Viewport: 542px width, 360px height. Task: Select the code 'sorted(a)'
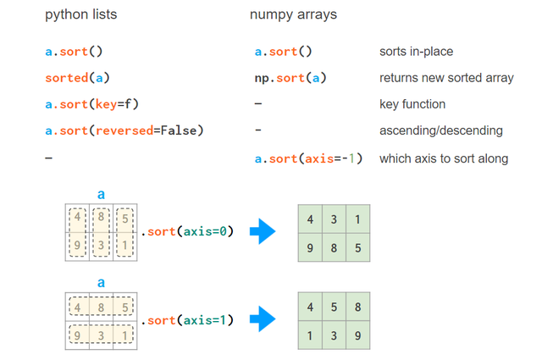tap(77, 78)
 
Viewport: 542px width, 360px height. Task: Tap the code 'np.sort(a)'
tap(290, 78)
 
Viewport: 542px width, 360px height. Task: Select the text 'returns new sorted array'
tap(446, 78)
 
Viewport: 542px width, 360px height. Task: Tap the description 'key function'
tap(412, 104)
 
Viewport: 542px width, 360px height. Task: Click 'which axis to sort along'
tap(444, 158)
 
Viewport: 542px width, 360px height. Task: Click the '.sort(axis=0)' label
tap(186, 230)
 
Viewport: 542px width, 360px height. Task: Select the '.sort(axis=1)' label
tap(186, 320)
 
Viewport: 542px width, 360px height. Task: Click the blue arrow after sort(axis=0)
tap(264, 231)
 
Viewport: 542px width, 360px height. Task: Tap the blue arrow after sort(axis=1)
tap(264, 320)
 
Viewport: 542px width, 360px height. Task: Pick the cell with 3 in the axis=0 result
tap(334, 218)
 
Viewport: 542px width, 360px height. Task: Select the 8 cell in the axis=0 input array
tap(101, 218)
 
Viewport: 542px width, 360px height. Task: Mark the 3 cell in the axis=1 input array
tap(101, 335)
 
